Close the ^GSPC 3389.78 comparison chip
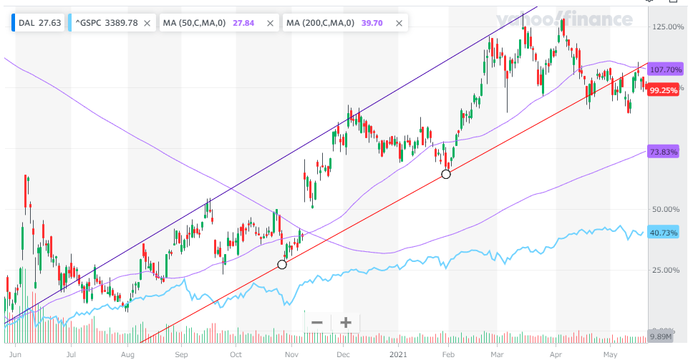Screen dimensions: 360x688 (x=147, y=23)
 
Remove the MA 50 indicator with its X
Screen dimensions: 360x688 (x=270, y=23)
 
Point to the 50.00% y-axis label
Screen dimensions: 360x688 (x=664, y=209)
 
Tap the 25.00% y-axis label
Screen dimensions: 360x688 (x=664, y=270)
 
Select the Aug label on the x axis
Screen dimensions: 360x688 (x=127, y=353)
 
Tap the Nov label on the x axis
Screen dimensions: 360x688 (x=291, y=353)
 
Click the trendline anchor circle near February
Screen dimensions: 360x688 (x=446, y=174)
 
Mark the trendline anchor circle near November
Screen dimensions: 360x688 (x=281, y=264)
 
